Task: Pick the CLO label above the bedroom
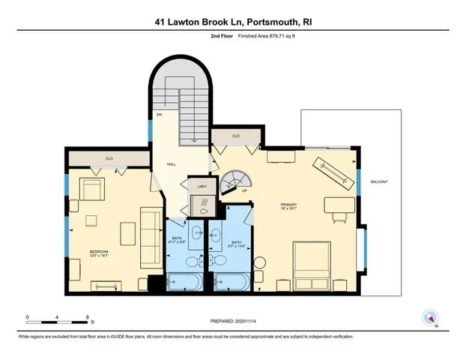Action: (x=109, y=159)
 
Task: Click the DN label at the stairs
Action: (x=159, y=115)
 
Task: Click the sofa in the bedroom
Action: (x=151, y=237)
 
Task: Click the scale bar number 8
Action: (x=88, y=317)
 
